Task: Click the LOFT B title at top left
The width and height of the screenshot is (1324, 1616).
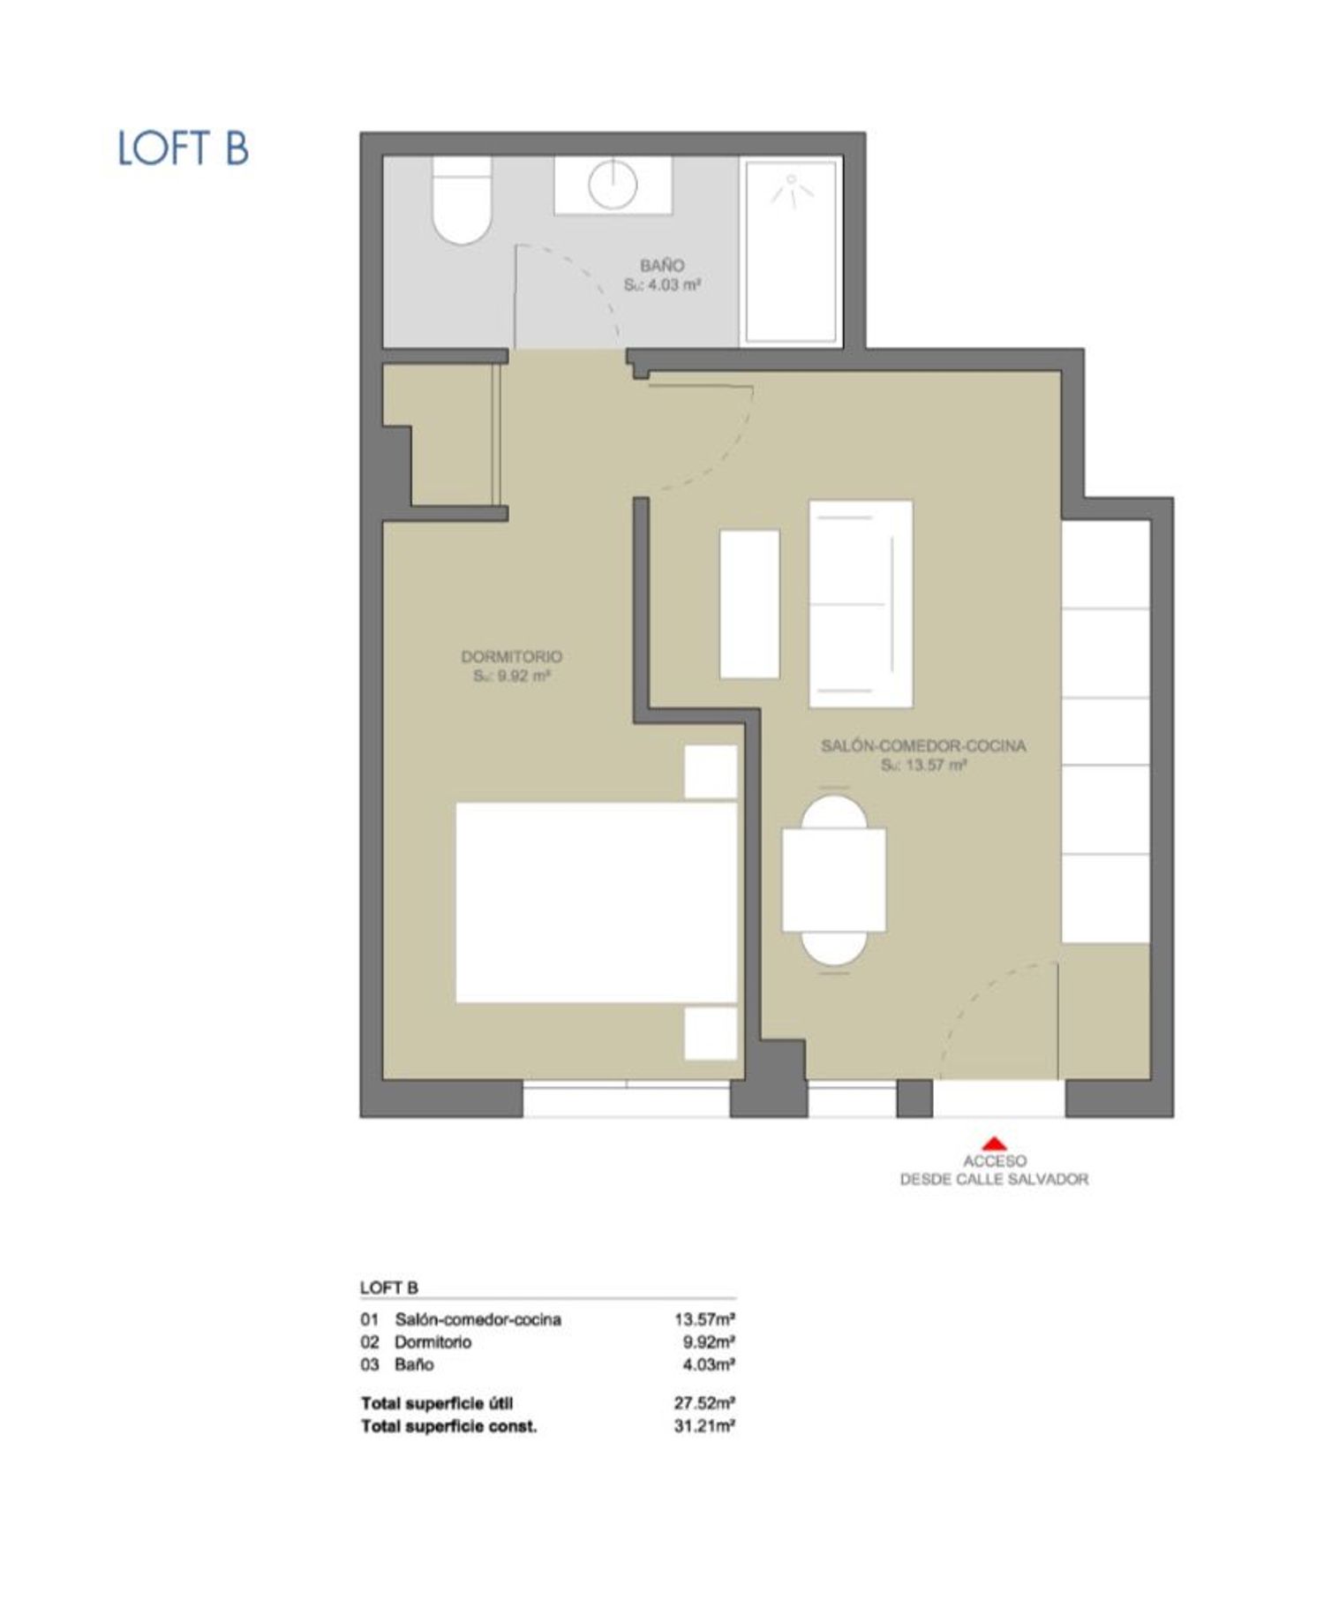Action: click(183, 147)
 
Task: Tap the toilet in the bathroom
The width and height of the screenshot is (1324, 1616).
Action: click(462, 201)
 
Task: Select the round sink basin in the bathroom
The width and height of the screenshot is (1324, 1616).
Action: click(613, 185)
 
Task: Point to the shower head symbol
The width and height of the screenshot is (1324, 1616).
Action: click(791, 190)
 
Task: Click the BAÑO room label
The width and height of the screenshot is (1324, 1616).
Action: click(662, 265)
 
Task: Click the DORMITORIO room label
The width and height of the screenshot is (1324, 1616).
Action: click(512, 657)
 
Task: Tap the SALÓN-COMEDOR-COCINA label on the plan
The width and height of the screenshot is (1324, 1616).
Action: click(923, 745)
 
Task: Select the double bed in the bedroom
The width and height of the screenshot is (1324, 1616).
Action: click(596, 902)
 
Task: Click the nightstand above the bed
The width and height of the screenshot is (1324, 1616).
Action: click(711, 772)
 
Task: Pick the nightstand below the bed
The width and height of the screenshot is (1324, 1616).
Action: click(711, 1033)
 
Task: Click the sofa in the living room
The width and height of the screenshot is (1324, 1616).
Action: click(861, 604)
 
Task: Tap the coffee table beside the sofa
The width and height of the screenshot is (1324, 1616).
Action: click(749, 604)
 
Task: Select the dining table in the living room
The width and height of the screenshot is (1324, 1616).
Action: click(834, 880)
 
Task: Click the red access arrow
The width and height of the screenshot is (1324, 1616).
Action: click(995, 1143)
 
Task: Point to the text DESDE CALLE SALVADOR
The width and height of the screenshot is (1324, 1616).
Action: click(994, 1179)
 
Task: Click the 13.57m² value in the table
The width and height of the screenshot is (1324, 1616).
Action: click(704, 1319)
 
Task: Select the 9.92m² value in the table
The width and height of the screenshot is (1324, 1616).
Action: click(709, 1342)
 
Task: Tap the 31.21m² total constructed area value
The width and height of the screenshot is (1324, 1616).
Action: click(704, 1426)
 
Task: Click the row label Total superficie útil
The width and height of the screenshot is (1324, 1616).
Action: click(437, 1403)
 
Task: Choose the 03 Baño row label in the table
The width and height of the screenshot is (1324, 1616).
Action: click(397, 1364)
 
